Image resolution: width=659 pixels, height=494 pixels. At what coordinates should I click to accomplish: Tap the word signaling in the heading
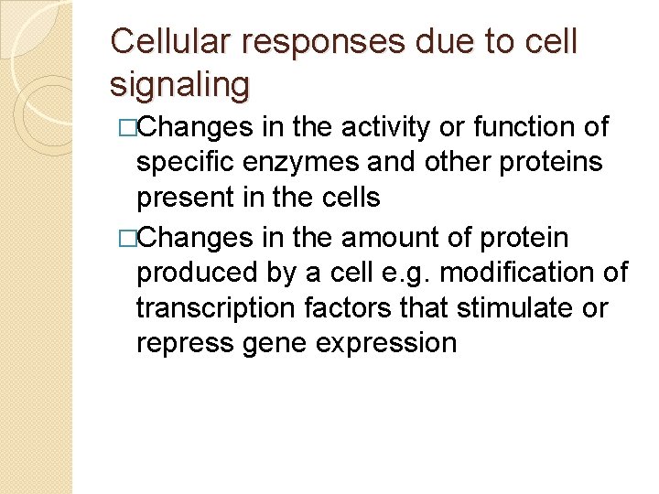pos(179,84)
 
